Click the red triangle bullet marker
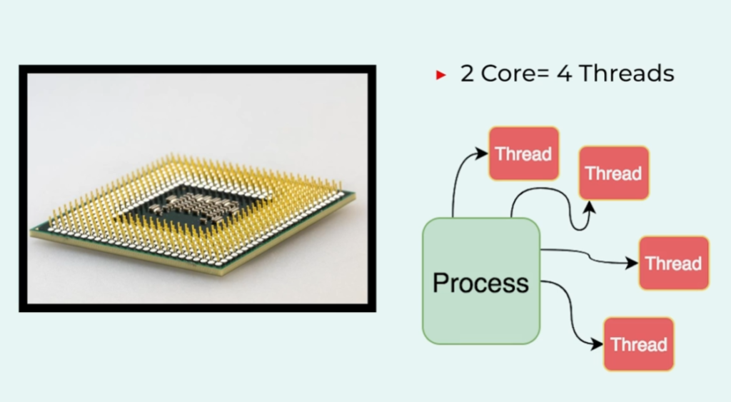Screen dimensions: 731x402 440,75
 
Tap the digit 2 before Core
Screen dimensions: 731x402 467,74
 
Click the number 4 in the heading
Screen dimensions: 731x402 565,74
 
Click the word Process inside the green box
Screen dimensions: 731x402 480,283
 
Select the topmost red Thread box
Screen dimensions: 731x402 523,154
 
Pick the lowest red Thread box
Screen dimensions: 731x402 639,344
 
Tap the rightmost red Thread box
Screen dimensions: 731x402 674,263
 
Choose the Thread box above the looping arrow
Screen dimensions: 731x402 614,173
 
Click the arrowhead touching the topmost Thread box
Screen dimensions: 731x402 482,153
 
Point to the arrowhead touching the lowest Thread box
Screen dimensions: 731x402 597,344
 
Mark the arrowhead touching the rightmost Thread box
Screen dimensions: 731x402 632,263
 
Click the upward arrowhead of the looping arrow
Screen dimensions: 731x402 590,207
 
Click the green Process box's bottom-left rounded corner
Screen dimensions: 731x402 427,339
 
